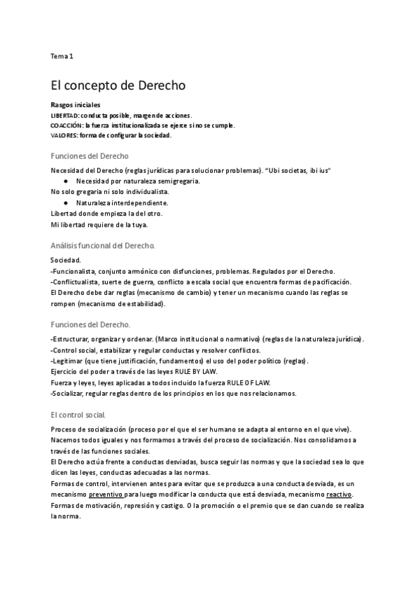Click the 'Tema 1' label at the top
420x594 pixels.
pyautogui.click(x=62, y=55)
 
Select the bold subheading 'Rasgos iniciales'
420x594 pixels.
pyautogui.click(x=76, y=105)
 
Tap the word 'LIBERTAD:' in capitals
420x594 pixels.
pyautogui.click(x=65, y=115)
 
